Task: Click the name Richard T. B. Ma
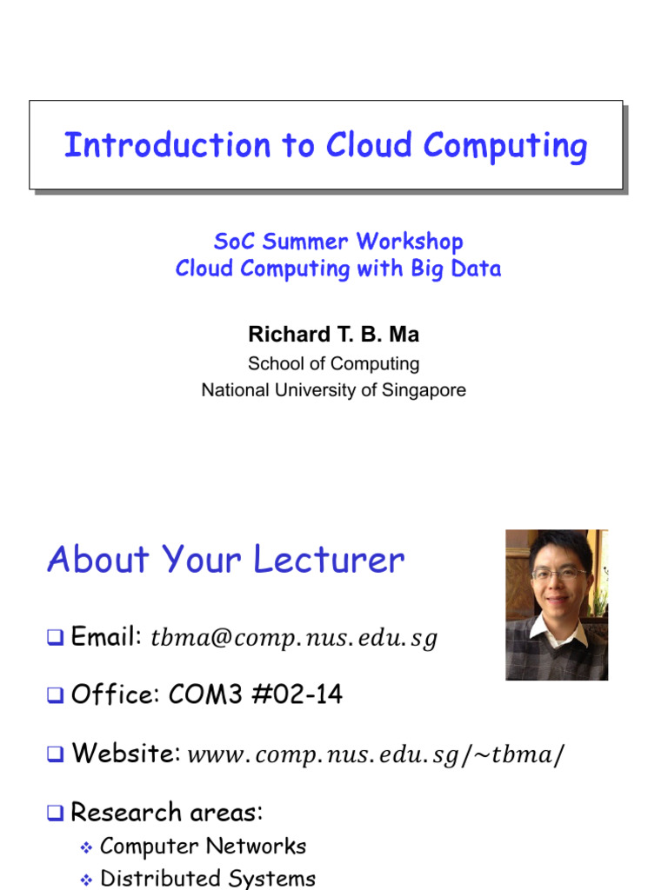tap(333, 335)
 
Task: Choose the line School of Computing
tap(333, 363)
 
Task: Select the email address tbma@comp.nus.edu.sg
tap(294, 640)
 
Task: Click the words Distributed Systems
tap(208, 879)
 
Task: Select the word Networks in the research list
tap(261, 846)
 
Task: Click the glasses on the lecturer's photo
tap(558, 575)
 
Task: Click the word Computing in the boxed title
tap(505, 145)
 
